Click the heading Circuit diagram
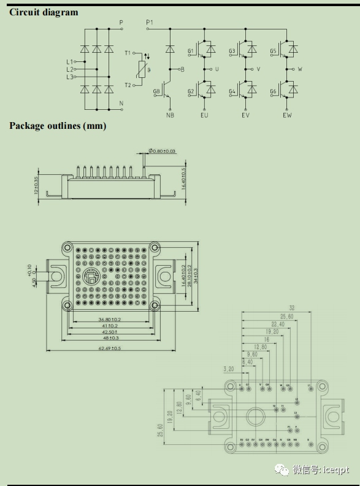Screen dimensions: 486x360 pyautogui.click(x=44, y=12)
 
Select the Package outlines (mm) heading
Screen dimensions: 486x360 pyautogui.click(x=58, y=126)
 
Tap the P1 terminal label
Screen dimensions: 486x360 pyautogui.click(x=150, y=22)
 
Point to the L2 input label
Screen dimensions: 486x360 pyautogui.click(x=69, y=69)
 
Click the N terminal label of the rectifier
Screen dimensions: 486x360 pyautogui.click(x=121, y=102)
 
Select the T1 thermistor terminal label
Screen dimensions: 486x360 pyautogui.click(x=128, y=53)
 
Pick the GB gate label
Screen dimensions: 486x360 pyautogui.click(x=156, y=92)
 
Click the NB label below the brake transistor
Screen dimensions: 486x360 pyautogui.click(x=170, y=115)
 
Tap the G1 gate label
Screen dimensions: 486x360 pyautogui.click(x=191, y=51)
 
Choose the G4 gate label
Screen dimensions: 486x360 pyautogui.click(x=232, y=92)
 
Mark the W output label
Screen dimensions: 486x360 pyautogui.click(x=300, y=69)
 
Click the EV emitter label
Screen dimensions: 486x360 pyautogui.click(x=246, y=115)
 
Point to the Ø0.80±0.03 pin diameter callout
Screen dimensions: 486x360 pyautogui.click(x=162, y=150)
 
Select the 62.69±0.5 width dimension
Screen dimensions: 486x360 pyautogui.click(x=110, y=348)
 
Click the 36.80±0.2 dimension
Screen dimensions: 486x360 pyautogui.click(x=110, y=320)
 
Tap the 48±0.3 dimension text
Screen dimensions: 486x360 pyautogui.click(x=110, y=338)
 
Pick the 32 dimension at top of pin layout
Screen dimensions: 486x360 pyautogui.click(x=292, y=309)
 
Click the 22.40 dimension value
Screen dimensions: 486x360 pyautogui.click(x=277, y=324)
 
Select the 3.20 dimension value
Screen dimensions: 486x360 pyautogui.click(x=229, y=369)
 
